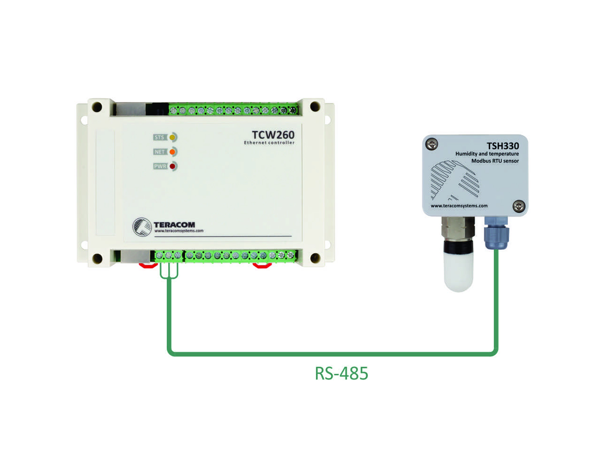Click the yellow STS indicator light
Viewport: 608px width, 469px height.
(172, 138)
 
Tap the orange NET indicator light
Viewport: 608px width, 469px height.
(172, 152)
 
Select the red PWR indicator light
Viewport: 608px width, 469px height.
(172, 166)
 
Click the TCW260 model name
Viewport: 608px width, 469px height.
(273, 135)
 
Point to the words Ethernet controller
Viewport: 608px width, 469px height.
(269, 143)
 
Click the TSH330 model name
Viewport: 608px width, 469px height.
(503, 146)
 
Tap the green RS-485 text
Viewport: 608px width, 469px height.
(341, 373)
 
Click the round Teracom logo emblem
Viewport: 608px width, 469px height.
(142, 227)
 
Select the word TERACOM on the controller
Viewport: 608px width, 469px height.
(174, 225)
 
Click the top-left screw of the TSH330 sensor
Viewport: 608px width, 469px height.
(432, 144)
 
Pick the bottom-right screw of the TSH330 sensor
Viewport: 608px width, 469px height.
(519, 207)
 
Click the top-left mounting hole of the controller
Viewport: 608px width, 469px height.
(97, 107)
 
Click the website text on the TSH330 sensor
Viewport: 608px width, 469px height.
(459, 206)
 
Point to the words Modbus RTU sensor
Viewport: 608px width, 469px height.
(495, 161)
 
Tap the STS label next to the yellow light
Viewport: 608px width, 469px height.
(160, 138)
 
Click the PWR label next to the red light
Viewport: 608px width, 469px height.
(160, 166)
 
